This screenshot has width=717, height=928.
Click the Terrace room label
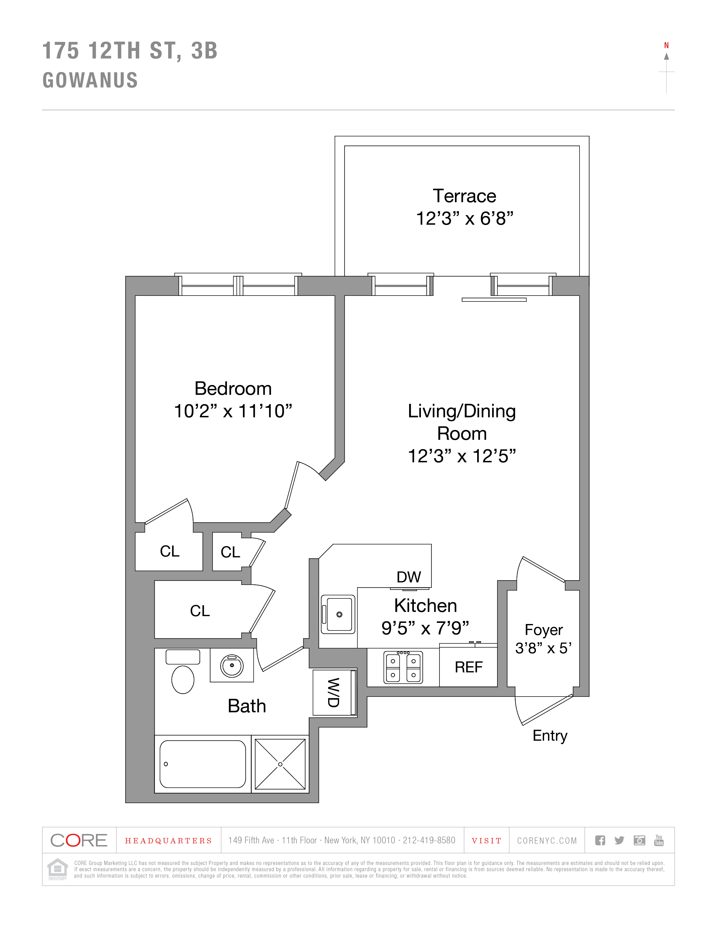click(464, 196)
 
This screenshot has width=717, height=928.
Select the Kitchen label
click(425, 605)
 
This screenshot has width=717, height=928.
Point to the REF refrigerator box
click(468, 667)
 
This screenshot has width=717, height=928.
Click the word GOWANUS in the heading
click(90, 80)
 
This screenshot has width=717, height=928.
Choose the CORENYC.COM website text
click(547, 841)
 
